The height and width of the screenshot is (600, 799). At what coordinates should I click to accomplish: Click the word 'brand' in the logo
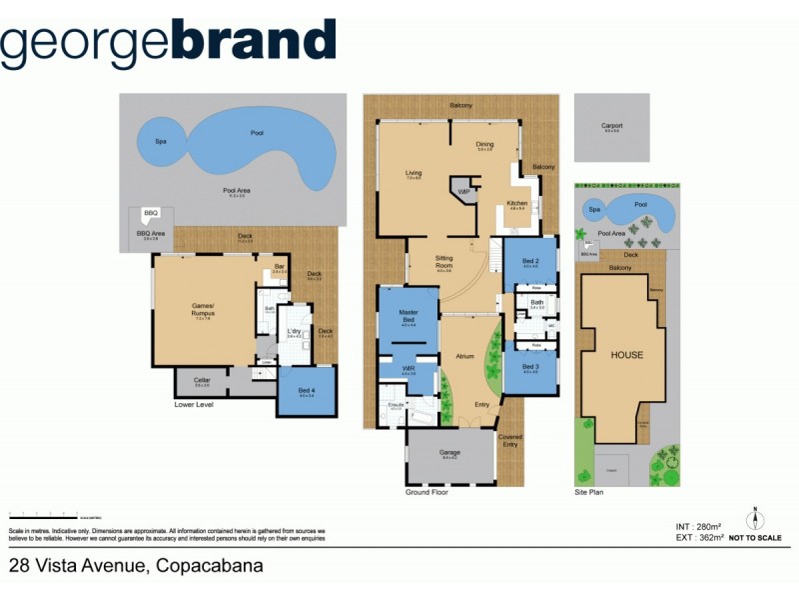pos(254,41)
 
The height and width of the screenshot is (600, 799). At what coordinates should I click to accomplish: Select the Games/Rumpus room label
pos(204,311)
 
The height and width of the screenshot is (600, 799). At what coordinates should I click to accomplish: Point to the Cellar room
pos(202,382)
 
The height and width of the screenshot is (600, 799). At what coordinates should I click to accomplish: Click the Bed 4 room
pos(306,393)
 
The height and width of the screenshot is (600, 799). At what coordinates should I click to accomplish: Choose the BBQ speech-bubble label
pos(151,213)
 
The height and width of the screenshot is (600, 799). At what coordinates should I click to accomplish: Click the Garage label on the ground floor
pos(449,453)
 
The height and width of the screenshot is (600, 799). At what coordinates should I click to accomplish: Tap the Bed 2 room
pos(530,262)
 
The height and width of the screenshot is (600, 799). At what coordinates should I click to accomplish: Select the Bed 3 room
pos(530,367)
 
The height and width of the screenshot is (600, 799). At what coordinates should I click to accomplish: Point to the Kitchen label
pos(516,204)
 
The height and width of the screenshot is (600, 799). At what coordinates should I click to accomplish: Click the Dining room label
pos(484,145)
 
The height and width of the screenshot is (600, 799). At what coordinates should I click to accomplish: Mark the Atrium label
pos(464,355)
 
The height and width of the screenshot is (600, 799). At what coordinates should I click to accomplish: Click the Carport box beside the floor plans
pos(611,127)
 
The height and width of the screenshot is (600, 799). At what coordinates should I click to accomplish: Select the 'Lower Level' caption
pos(194,405)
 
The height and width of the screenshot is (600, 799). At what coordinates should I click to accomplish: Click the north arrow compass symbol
pos(756,520)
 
